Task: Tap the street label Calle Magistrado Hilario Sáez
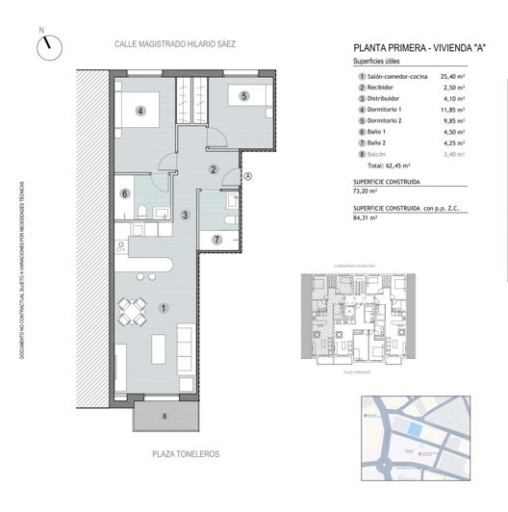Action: (x=175, y=44)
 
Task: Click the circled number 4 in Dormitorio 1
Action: (x=140, y=111)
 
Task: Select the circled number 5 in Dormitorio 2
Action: (x=244, y=95)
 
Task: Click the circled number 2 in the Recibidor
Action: (x=214, y=169)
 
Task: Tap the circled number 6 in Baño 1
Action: (x=125, y=192)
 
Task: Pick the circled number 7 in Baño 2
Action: (x=217, y=239)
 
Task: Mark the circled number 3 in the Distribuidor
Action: (x=184, y=215)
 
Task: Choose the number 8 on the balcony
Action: (x=164, y=416)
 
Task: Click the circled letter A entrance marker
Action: (x=247, y=176)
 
